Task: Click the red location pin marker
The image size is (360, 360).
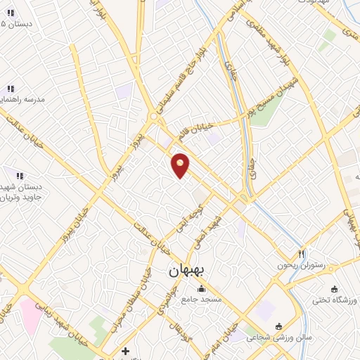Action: [x=181, y=165]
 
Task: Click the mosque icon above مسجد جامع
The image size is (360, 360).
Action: [x=202, y=288]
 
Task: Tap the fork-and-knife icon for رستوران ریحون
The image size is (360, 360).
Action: [x=302, y=253]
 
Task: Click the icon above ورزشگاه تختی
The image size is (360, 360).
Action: [x=334, y=289]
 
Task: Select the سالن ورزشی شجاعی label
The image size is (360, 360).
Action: [x=278, y=337]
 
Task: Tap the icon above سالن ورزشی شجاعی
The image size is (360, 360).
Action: [x=279, y=326]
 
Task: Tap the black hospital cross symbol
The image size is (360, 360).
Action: [x=125, y=350]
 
